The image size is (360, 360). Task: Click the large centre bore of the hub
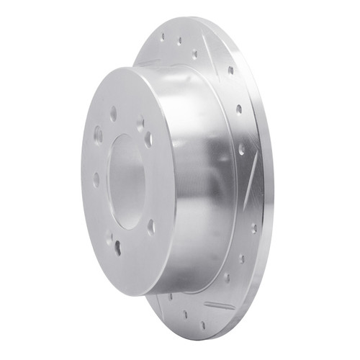127,180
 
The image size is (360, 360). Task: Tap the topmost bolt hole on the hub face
114,113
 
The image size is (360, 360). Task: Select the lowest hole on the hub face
118,248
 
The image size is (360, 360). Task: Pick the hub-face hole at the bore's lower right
151,227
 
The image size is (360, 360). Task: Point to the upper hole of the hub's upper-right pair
140,124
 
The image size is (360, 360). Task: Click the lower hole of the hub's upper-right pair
148,138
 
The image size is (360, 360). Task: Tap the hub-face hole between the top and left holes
98,134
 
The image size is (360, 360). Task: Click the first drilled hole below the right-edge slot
253,228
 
